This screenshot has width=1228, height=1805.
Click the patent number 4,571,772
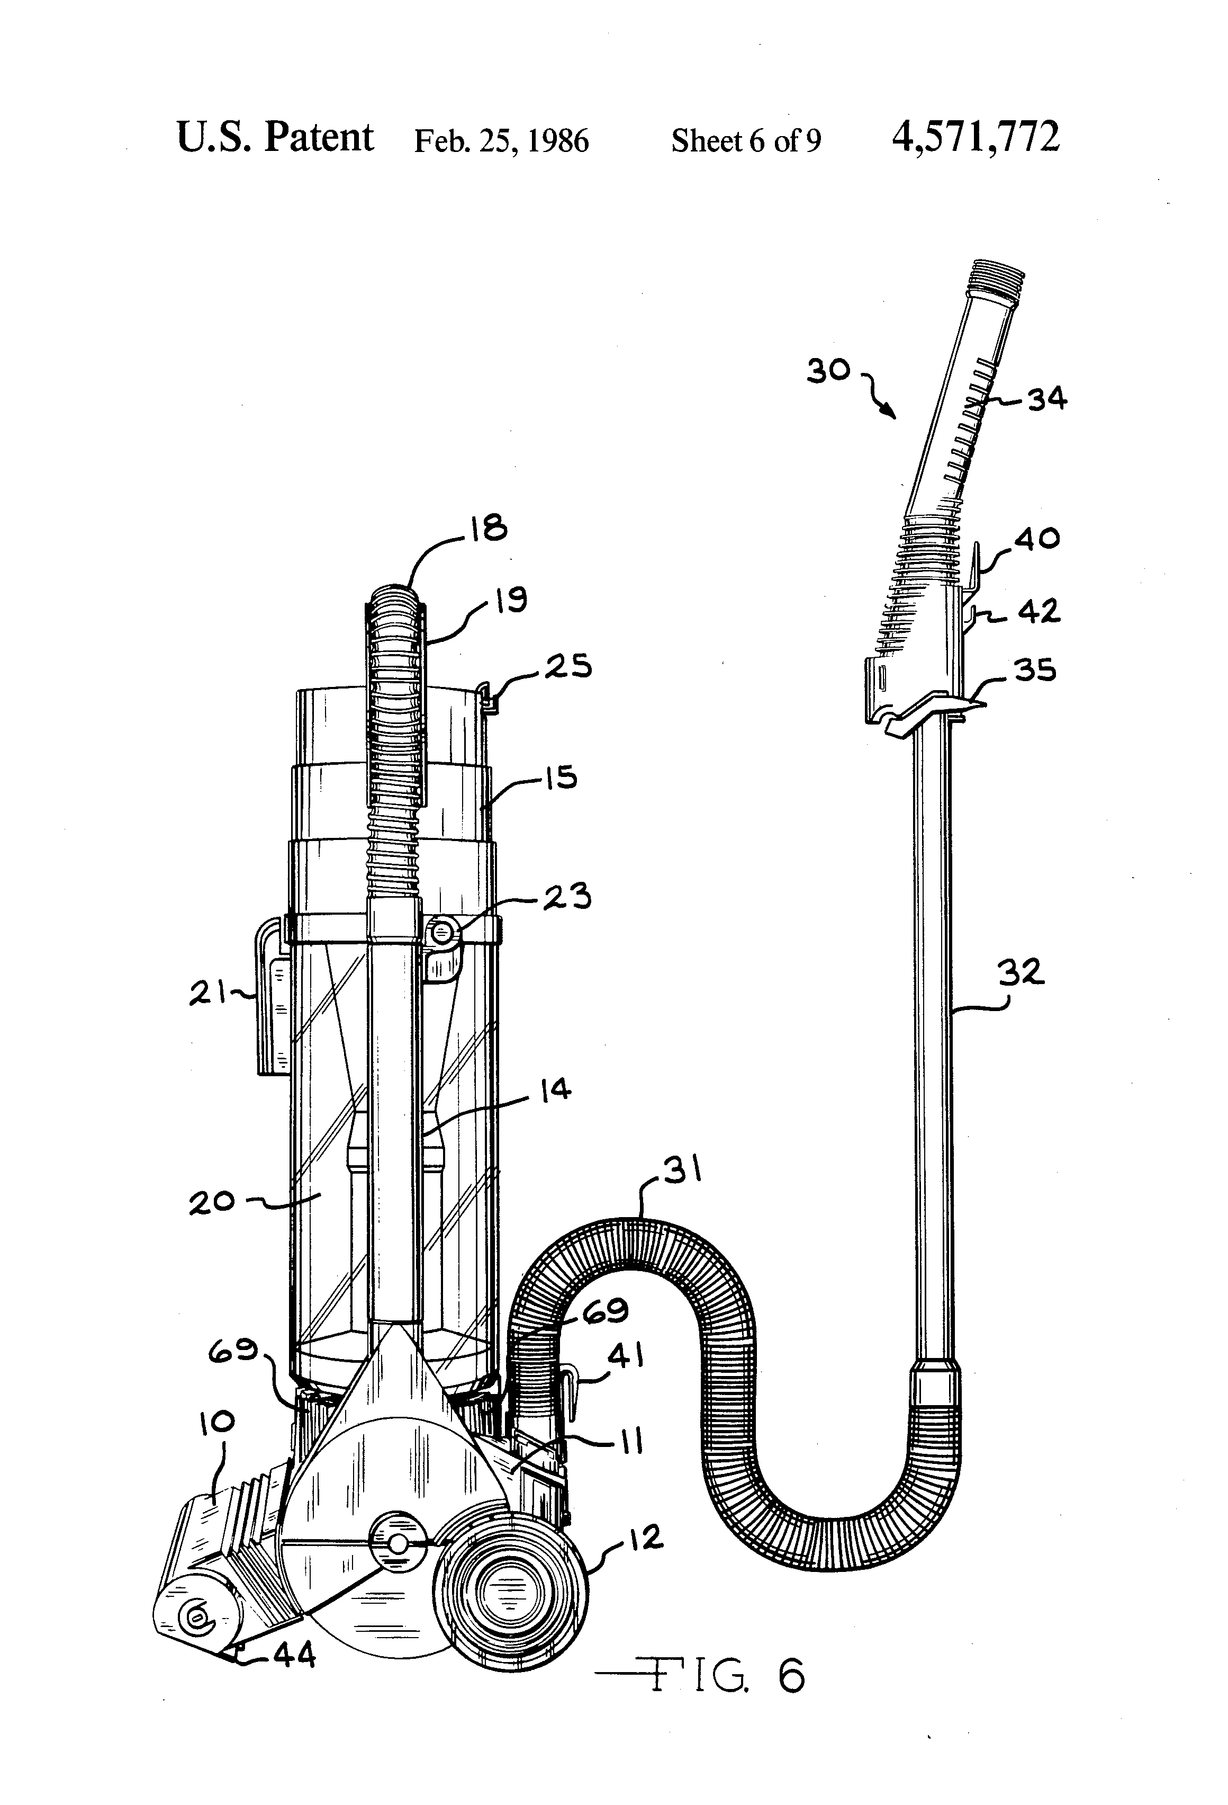pos(975,138)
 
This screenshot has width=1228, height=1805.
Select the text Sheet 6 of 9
pos(745,140)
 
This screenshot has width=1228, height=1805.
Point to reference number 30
pos(829,370)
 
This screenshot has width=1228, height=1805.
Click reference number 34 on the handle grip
pos(1047,399)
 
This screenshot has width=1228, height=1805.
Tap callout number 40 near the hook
pos(1037,538)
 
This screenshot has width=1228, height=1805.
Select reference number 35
pos(1035,669)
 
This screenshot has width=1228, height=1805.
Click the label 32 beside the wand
pos(1021,972)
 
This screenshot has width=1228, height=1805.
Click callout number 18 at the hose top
pos(487,528)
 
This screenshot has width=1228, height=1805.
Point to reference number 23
pos(567,896)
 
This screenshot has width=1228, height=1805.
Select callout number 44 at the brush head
pos(294,1657)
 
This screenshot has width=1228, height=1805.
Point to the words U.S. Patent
pos(275,138)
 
